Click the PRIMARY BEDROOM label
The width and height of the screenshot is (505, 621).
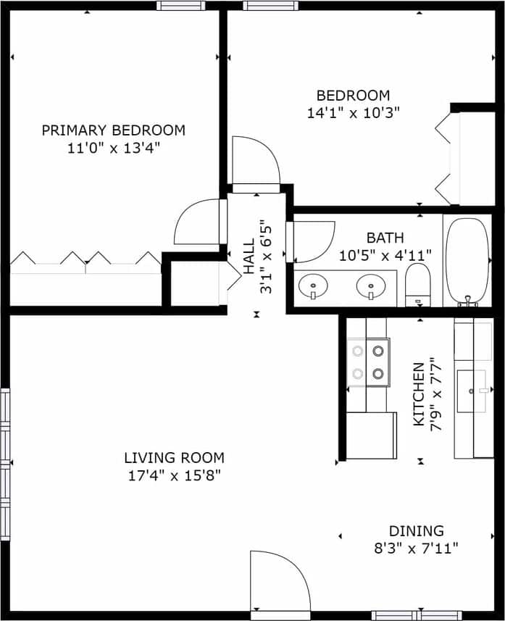pos(113,130)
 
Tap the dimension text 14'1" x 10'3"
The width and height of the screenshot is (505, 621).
pos(353,113)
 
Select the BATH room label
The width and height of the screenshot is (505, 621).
pos(385,238)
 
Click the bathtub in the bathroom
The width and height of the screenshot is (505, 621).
pos(467,261)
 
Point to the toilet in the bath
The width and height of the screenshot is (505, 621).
pos(417,284)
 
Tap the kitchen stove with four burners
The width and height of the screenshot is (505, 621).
pos(368,362)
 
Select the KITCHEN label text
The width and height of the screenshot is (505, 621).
pos(418,394)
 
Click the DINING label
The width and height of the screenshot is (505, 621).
pos(416,530)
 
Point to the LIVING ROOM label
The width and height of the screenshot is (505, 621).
pos(174,458)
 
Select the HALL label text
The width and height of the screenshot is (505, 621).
pos(249,257)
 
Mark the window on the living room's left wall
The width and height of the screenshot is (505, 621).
pos(5,464)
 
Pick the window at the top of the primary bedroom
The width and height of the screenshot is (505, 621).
pos(180,6)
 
